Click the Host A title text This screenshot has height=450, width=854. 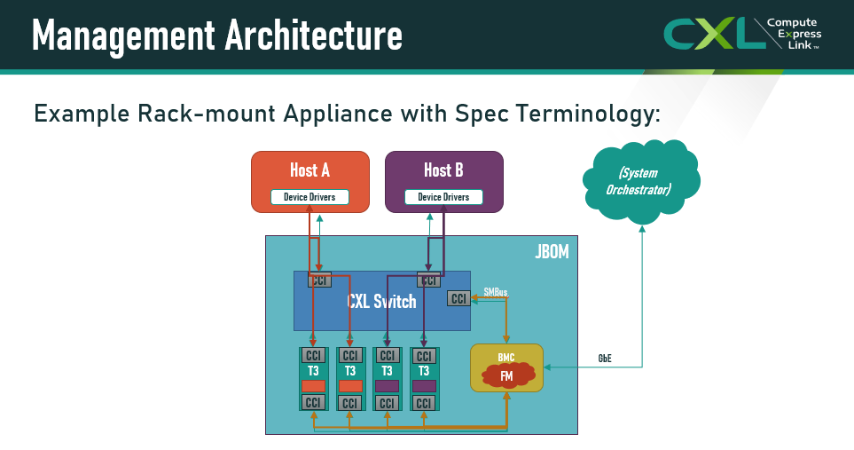click(x=309, y=170)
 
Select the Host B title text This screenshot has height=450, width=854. click(x=444, y=170)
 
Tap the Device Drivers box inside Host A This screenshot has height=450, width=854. click(x=309, y=197)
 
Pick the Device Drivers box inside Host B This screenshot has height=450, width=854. click(x=444, y=197)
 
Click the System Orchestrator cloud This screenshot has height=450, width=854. click(x=641, y=181)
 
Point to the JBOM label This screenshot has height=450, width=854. click(x=552, y=252)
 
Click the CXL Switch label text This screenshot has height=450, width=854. click(x=381, y=301)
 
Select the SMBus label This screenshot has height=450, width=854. click(x=496, y=292)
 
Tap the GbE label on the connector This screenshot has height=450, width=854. click(x=605, y=358)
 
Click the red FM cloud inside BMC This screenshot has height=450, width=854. click(x=507, y=376)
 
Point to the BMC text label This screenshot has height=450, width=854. click(x=506, y=358)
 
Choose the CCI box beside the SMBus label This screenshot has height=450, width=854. click(x=458, y=298)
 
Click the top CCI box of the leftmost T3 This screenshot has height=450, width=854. click(x=313, y=356)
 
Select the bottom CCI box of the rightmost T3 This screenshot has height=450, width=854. click(x=424, y=403)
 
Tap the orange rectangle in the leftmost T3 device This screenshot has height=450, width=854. click(x=313, y=386)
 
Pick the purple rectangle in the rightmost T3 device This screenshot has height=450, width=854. click(x=424, y=386)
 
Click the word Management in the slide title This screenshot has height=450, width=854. click(x=123, y=36)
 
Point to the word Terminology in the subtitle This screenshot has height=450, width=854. click(x=588, y=114)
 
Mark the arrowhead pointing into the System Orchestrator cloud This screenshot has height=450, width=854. click(x=642, y=229)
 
